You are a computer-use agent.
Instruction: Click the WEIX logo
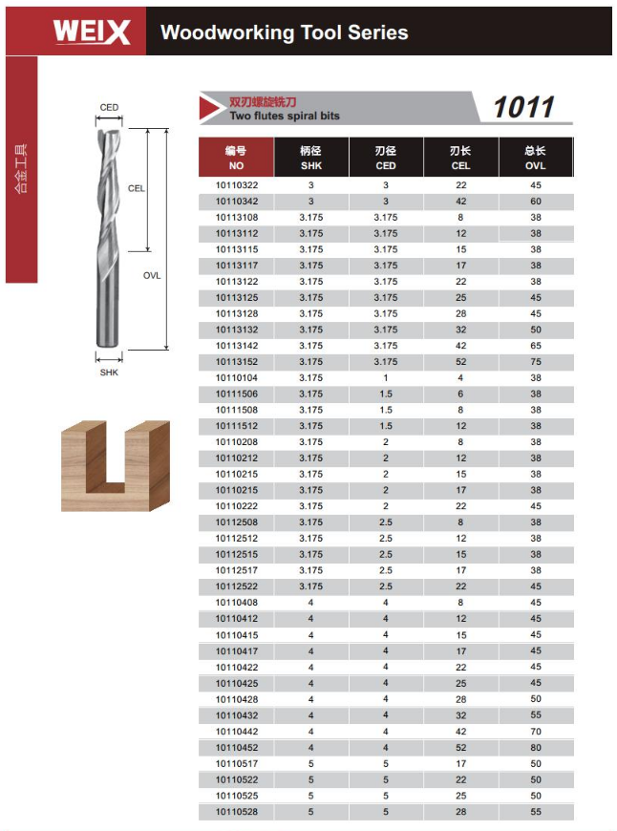click(x=91, y=32)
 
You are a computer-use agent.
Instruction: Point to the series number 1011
click(x=523, y=107)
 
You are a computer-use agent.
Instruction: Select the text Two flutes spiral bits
click(x=285, y=116)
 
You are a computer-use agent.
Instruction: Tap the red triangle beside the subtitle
click(x=211, y=108)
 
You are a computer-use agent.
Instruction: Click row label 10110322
click(x=237, y=185)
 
